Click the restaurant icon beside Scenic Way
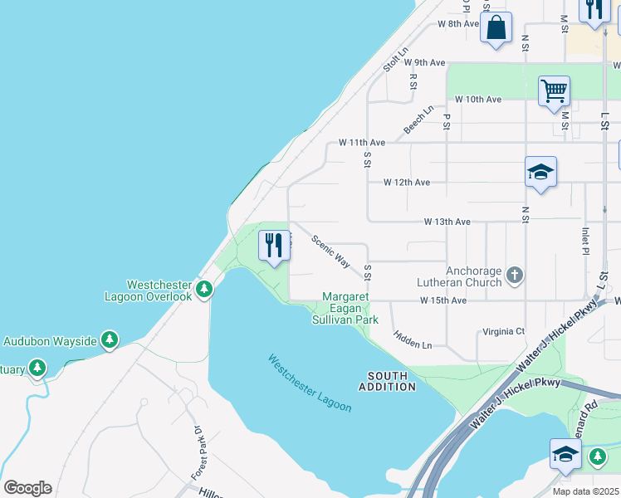point(274,245)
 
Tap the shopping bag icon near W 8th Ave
point(496,28)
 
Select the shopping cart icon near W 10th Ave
point(554,90)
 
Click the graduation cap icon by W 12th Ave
point(540,172)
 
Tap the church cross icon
point(515,275)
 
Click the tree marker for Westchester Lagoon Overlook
point(204,290)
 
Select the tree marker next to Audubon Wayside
point(109,339)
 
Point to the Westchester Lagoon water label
point(310,383)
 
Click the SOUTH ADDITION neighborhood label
point(387,381)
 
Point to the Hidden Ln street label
point(413,339)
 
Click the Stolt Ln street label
point(396,58)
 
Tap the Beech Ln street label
point(418,120)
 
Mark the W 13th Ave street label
point(447,222)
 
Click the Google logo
point(27,488)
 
